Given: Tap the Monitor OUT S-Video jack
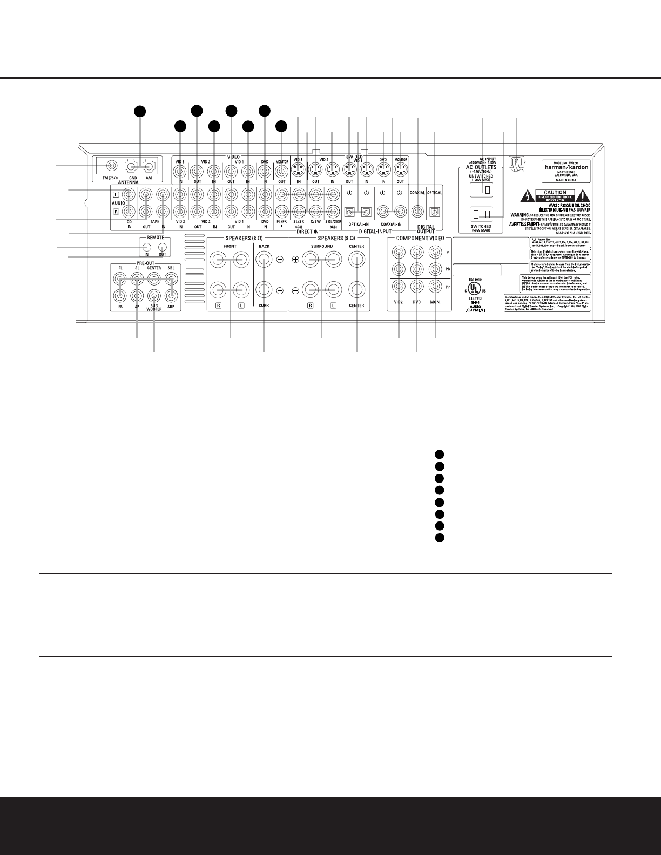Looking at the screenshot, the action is point(400,172).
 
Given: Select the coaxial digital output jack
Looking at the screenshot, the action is point(417,212).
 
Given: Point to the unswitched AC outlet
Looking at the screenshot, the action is point(482,189).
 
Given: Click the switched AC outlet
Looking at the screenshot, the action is point(482,214).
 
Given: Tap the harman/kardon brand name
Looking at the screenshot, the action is point(566,167).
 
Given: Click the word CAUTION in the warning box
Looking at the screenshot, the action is point(555,193).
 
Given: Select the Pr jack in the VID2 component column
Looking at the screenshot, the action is point(400,287).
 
